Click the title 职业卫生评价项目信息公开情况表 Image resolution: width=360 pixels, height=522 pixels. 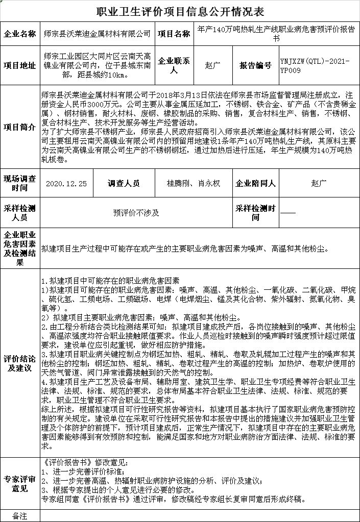coord(180,11)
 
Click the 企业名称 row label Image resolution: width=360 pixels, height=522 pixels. coord(20,34)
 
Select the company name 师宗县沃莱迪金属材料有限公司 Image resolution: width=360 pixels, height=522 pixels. coord(98,34)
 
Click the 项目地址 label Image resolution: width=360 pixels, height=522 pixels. coord(20,65)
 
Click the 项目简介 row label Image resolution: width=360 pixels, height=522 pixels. coord(20,128)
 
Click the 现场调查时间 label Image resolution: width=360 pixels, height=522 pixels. coord(20,183)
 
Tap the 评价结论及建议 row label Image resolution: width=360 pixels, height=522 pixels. coord(20,363)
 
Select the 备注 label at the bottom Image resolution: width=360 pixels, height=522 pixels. coord(20,515)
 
